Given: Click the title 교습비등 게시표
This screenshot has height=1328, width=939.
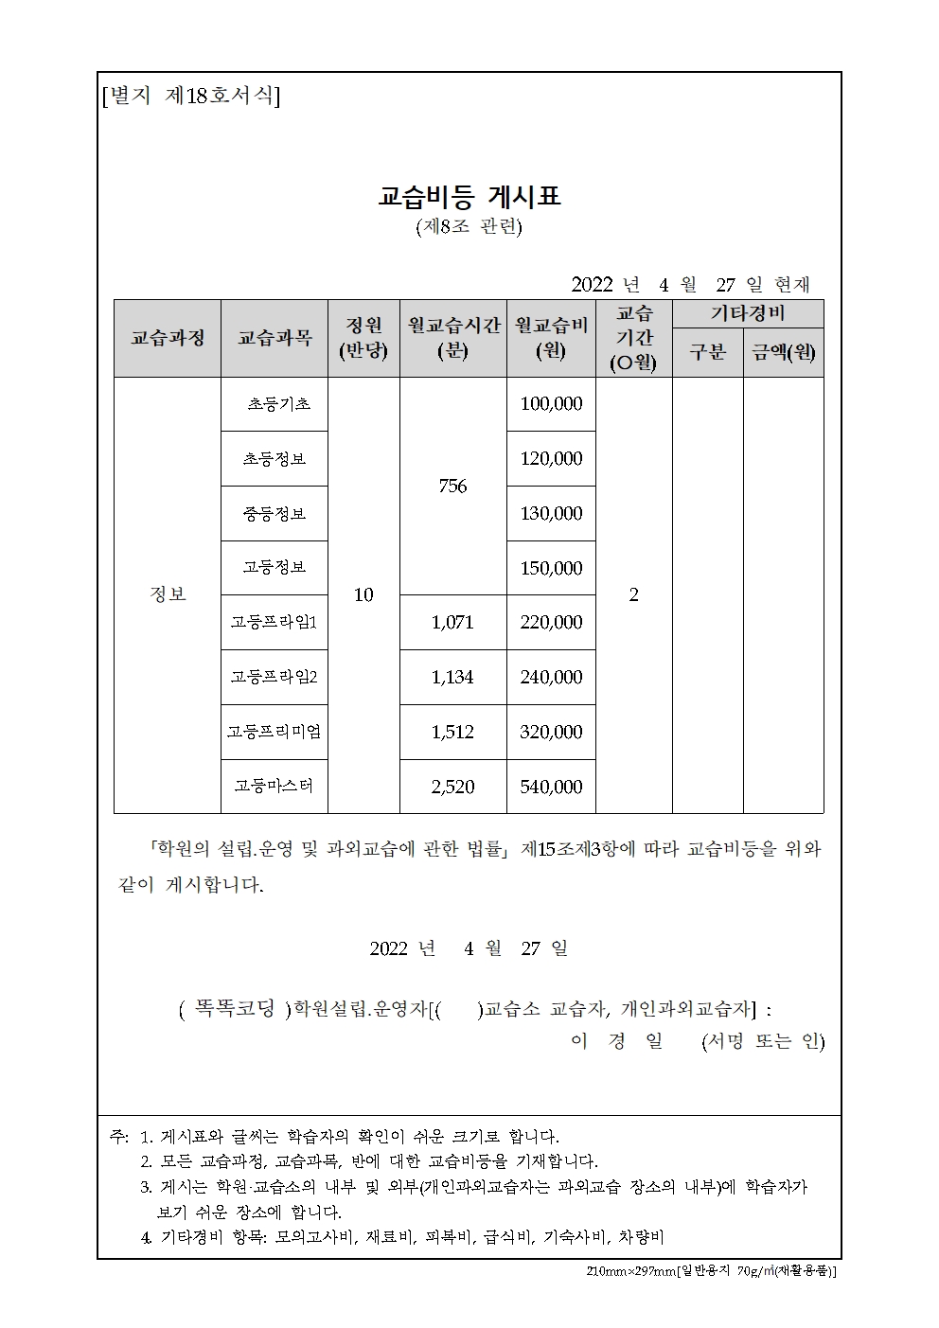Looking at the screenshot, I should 469,197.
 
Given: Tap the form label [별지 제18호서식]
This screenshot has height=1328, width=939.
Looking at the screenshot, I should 190,97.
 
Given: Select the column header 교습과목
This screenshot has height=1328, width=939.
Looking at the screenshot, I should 275,338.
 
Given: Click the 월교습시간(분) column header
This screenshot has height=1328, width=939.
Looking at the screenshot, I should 453,338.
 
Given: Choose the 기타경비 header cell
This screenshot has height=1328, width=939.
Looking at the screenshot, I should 748,313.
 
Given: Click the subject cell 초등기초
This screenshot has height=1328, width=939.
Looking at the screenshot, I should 278,404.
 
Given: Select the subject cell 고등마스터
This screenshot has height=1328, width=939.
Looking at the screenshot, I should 275,786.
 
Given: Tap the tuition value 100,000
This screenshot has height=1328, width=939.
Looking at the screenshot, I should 551,404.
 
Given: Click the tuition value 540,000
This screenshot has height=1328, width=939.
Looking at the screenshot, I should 551,787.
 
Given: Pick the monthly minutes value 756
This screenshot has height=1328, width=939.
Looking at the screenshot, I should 453,486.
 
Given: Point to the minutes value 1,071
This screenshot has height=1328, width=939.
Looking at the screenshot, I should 452,622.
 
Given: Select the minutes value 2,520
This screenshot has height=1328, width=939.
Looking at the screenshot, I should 452,787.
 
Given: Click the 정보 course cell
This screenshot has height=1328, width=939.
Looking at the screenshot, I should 168,594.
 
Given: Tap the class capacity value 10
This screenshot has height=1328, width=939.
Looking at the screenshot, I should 363,594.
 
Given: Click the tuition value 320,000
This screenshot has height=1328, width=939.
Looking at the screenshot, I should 551,732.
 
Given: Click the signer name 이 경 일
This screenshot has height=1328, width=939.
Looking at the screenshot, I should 616,1041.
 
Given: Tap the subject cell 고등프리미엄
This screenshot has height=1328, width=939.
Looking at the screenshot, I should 275,732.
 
